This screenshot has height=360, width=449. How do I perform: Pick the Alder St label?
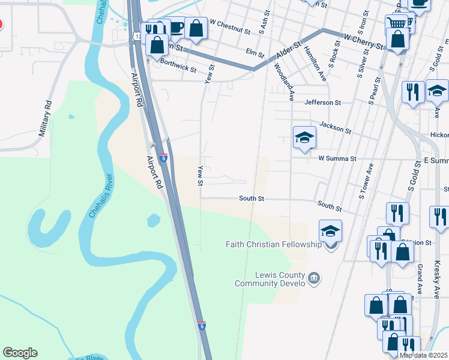[x=288, y=50]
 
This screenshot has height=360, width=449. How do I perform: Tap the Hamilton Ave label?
[x=315, y=64]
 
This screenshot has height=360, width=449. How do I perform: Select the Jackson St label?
[x=335, y=127]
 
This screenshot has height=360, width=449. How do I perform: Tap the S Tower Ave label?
[x=367, y=181]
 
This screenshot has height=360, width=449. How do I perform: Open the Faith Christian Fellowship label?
[x=274, y=244]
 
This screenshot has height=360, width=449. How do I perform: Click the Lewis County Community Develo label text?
[x=270, y=279]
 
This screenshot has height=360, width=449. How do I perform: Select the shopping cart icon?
[x=396, y=23]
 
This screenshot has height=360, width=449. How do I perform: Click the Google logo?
[x=20, y=353]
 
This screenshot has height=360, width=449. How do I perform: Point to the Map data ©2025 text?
[x=423, y=355]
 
